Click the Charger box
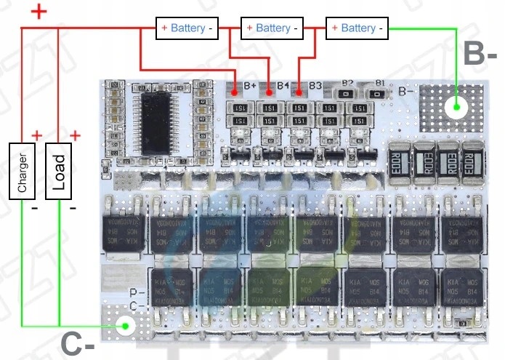(22, 171)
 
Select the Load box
(59, 171)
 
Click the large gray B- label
(480, 53)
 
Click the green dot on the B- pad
(456, 108)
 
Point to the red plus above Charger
(36, 136)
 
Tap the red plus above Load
(74, 136)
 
